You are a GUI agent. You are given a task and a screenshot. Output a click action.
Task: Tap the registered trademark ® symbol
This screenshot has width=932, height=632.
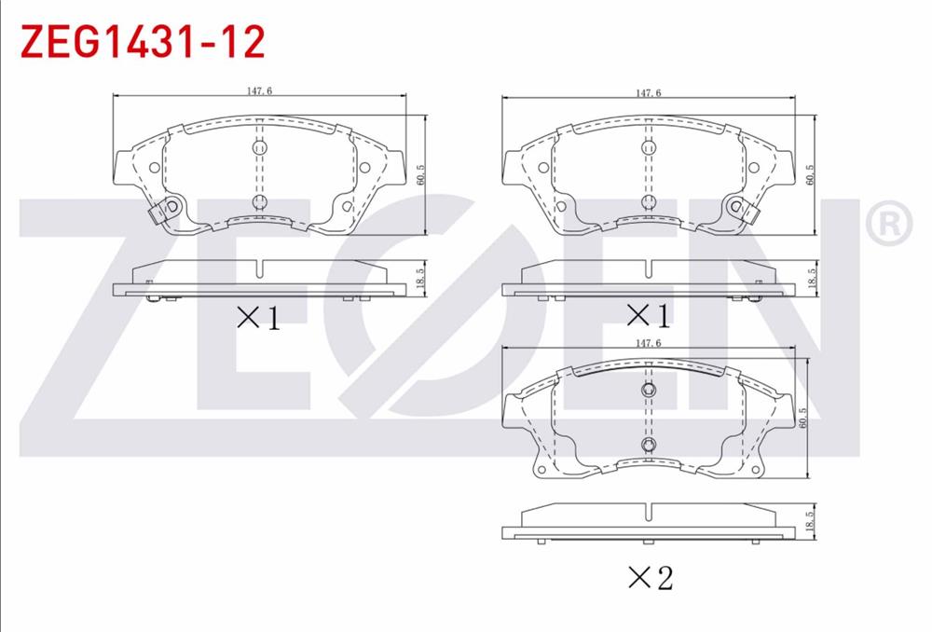888,223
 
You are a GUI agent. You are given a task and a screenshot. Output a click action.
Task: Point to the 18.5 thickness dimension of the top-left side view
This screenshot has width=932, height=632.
420,277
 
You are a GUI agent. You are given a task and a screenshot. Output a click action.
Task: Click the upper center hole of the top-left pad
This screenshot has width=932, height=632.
259,146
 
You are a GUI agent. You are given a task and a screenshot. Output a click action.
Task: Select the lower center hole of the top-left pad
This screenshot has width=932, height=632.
259,201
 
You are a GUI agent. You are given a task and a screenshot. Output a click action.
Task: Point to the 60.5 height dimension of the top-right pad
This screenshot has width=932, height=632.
812,174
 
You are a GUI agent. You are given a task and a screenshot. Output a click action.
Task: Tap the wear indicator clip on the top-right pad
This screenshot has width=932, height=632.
740,211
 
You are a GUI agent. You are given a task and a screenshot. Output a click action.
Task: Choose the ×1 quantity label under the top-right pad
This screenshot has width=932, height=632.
648,316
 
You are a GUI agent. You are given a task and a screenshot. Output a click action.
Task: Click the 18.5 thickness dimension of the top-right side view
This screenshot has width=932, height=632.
812,277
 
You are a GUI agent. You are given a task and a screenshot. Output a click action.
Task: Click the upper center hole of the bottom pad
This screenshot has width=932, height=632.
649,390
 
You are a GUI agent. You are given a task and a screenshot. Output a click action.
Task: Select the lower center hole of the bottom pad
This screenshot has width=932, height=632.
649,444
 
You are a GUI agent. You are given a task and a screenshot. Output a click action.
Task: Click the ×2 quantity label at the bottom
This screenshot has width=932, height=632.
650,578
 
